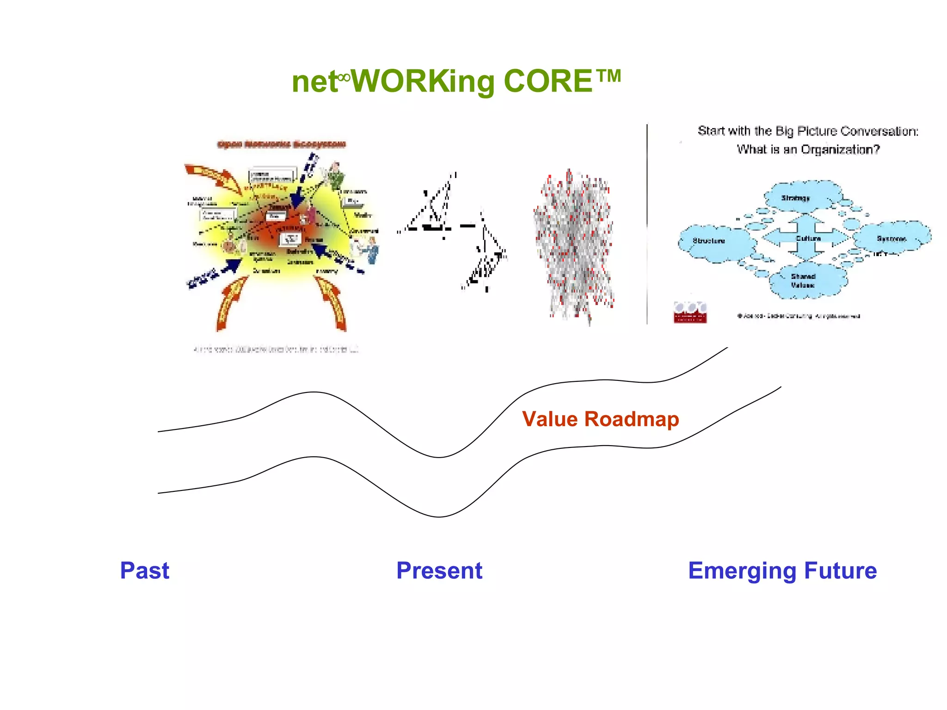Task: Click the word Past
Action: click(x=145, y=570)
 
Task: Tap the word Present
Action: click(x=439, y=570)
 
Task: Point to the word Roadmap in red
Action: click(x=632, y=419)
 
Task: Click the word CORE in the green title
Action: click(x=547, y=81)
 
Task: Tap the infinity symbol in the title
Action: click(x=344, y=77)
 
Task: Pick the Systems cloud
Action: click(x=891, y=239)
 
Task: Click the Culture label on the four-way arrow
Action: click(x=808, y=239)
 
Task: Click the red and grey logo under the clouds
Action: click(x=690, y=312)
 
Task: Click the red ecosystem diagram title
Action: click(x=281, y=145)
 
